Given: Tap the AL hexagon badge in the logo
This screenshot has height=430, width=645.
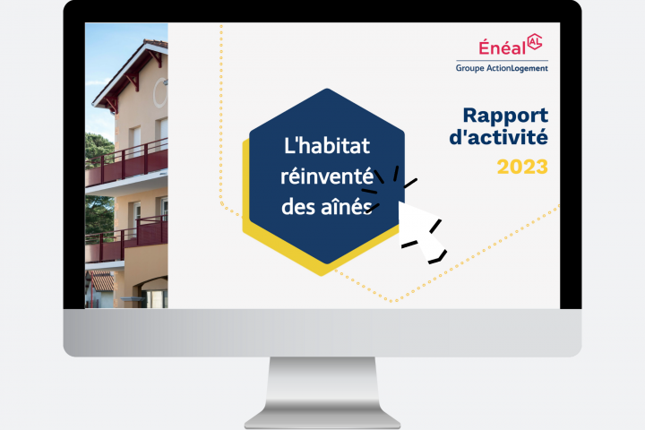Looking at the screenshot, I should [535, 42].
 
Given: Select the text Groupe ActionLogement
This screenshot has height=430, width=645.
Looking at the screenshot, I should [501, 67].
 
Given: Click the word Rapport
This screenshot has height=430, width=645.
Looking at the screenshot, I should [504, 116].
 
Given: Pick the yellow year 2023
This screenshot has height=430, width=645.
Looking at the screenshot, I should [522, 167].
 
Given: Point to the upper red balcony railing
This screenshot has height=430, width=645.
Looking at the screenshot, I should [128, 164].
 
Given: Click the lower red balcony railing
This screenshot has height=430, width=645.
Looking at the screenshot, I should [127, 240].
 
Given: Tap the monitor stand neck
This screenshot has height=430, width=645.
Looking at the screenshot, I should [322, 381].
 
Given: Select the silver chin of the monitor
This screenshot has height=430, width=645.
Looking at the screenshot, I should [322, 332].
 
